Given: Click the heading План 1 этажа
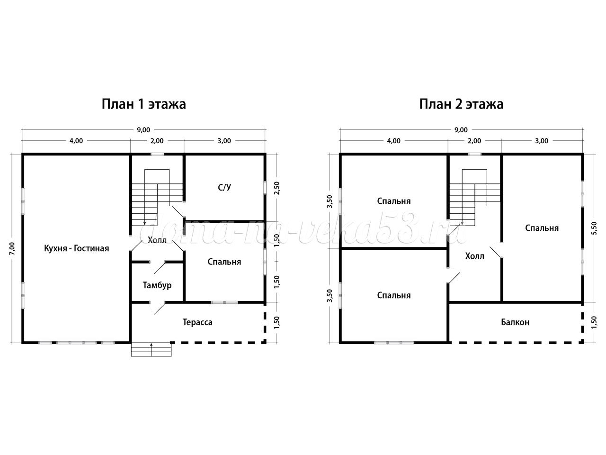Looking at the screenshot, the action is point(143,104).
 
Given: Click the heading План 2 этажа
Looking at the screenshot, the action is point(461,104).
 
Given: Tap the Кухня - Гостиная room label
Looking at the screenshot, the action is point(77,248).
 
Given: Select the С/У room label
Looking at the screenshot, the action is point(224,188).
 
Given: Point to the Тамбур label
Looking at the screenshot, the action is point(157,285).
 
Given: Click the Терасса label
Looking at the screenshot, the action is point(197,322).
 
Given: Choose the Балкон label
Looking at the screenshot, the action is point(515,322).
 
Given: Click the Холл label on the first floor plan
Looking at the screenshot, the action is point(157,240).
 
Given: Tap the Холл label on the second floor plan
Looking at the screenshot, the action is point(474,256).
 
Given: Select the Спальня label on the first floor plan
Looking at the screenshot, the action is point(224,262).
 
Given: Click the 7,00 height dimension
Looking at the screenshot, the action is point(12,248).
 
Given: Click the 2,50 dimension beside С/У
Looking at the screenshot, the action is point(277,188).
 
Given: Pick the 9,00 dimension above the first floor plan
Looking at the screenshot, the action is point(143,130).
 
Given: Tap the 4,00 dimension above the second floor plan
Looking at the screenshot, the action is point(394,141).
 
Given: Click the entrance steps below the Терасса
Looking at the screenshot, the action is point(151,350).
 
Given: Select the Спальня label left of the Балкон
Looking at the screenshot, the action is point(394,295).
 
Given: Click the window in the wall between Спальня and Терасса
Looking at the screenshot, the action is point(224,302).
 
